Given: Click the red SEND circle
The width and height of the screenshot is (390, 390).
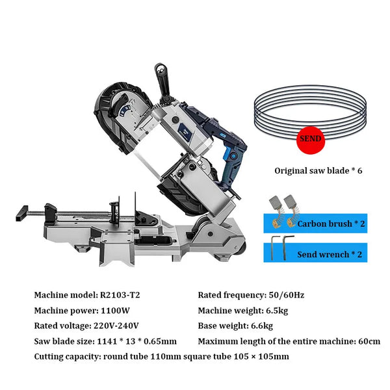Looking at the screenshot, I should [x=309, y=139].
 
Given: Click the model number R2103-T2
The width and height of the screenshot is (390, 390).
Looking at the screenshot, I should [x=120, y=294].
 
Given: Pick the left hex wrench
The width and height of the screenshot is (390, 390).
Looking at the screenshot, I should [x=273, y=248].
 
